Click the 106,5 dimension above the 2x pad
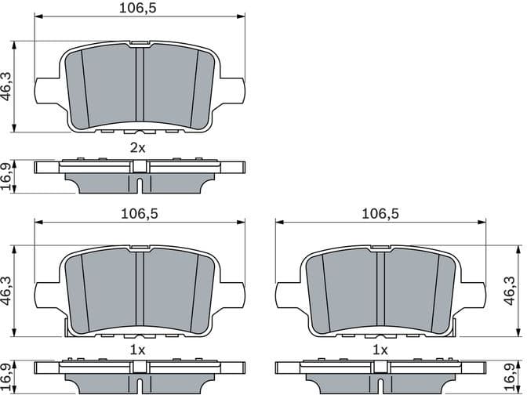point(138,9)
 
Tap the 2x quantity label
point(138,147)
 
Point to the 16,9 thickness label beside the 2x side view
point(7,176)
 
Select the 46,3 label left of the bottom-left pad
point(7,292)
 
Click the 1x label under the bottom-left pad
point(137,350)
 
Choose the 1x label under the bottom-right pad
point(380,350)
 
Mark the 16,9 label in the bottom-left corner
point(7,379)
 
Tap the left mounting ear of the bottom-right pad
point(288,294)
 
